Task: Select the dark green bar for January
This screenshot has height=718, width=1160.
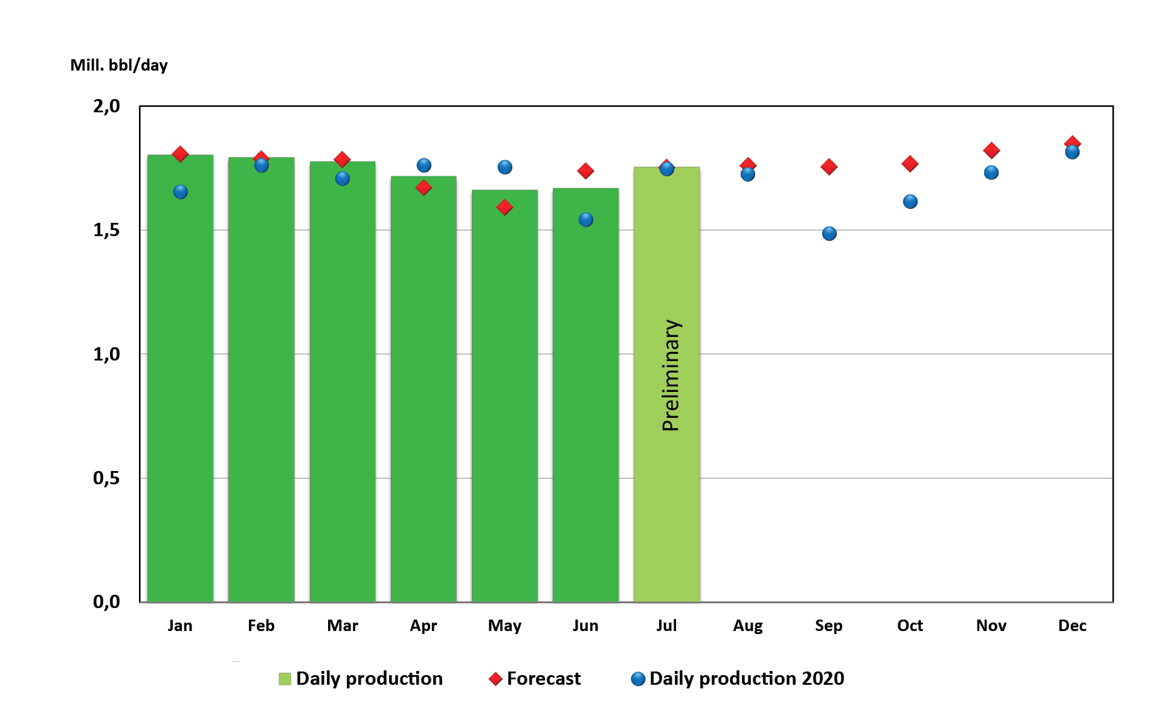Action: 180,393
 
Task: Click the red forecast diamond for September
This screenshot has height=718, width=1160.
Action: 829,167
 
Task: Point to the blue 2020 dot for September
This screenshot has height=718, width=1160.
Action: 829,234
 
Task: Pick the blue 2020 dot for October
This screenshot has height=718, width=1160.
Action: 910,202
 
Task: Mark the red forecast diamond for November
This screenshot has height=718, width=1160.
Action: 991,150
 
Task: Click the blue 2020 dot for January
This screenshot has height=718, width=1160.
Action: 181,192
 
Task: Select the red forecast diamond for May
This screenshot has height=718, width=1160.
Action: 504,208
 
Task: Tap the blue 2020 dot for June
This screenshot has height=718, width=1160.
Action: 585,220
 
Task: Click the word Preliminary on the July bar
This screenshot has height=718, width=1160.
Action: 671,375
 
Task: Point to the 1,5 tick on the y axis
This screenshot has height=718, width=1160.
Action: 106,230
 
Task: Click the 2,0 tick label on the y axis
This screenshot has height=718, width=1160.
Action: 106,106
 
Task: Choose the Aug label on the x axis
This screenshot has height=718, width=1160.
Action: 747,626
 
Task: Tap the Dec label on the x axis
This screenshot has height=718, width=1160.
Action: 1072,626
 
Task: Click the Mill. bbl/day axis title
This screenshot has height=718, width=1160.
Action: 119,65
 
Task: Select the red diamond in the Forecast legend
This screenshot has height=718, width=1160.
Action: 495,679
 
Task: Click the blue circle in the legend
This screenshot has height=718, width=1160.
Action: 638,679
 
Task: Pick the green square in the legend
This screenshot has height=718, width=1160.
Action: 285,679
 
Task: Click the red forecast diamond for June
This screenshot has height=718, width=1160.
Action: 585,171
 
